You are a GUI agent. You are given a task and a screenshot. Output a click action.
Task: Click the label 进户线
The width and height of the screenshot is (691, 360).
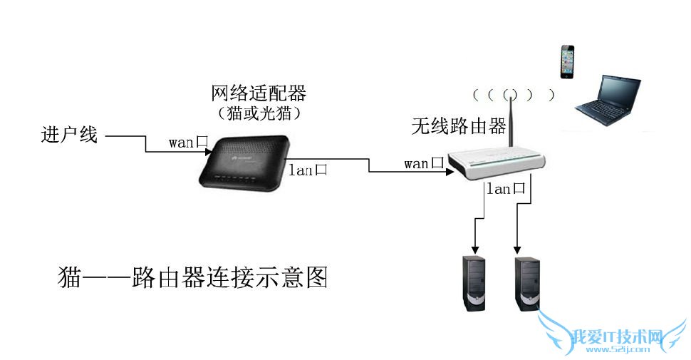[x=69, y=134]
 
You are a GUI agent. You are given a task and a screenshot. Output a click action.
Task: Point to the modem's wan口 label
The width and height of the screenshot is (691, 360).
[x=188, y=142]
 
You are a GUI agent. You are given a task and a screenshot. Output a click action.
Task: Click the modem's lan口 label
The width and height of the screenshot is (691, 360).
[x=308, y=170]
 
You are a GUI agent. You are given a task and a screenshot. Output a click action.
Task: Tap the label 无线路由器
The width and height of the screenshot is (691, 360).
[x=458, y=127]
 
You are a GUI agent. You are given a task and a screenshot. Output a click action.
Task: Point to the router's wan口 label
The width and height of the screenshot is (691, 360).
[x=424, y=163]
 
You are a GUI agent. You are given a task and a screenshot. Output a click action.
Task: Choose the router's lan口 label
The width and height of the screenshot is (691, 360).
[x=505, y=189]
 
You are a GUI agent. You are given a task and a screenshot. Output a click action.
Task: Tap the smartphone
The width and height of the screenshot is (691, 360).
[x=567, y=62]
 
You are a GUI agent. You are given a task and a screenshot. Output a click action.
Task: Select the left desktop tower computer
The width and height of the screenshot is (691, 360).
[x=475, y=282]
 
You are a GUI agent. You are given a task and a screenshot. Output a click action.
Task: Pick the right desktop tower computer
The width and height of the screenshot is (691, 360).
[x=526, y=282]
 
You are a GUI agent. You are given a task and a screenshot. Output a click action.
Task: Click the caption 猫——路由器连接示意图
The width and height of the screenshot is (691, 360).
[x=192, y=277]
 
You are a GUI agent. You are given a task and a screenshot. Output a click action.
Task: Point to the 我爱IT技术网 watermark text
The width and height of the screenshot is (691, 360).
[x=618, y=336]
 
